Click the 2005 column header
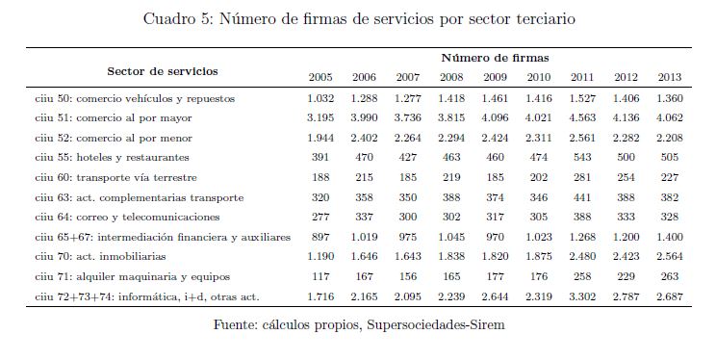(320, 77)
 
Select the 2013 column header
(670, 77)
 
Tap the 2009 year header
(495, 77)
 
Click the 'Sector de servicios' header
(163, 71)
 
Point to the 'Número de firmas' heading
(495, 58)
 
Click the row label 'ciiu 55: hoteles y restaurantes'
(112, 158)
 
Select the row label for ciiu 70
(100, 256)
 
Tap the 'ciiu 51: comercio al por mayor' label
(114, 117)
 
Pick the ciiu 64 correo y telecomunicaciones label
(127, 217)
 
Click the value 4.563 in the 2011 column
(582, 117)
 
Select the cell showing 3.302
(582, 296)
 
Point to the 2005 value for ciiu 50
(320, 98)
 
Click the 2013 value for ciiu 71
(670, 276)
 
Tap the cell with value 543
(582, 158)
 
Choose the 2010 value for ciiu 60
(539, 177)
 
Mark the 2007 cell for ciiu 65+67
(407, 237)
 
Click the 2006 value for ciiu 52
(364, 138)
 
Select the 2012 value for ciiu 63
(626, 197)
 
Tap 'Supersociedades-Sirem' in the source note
(436, 324)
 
